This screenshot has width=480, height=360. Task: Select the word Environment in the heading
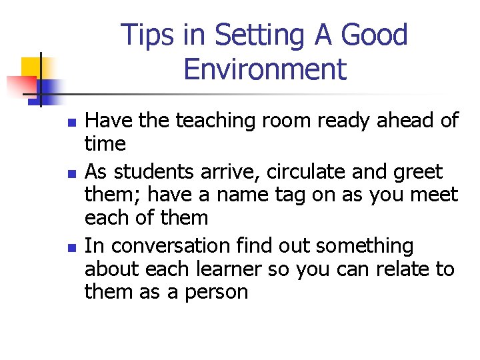(x=265, y=69)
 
